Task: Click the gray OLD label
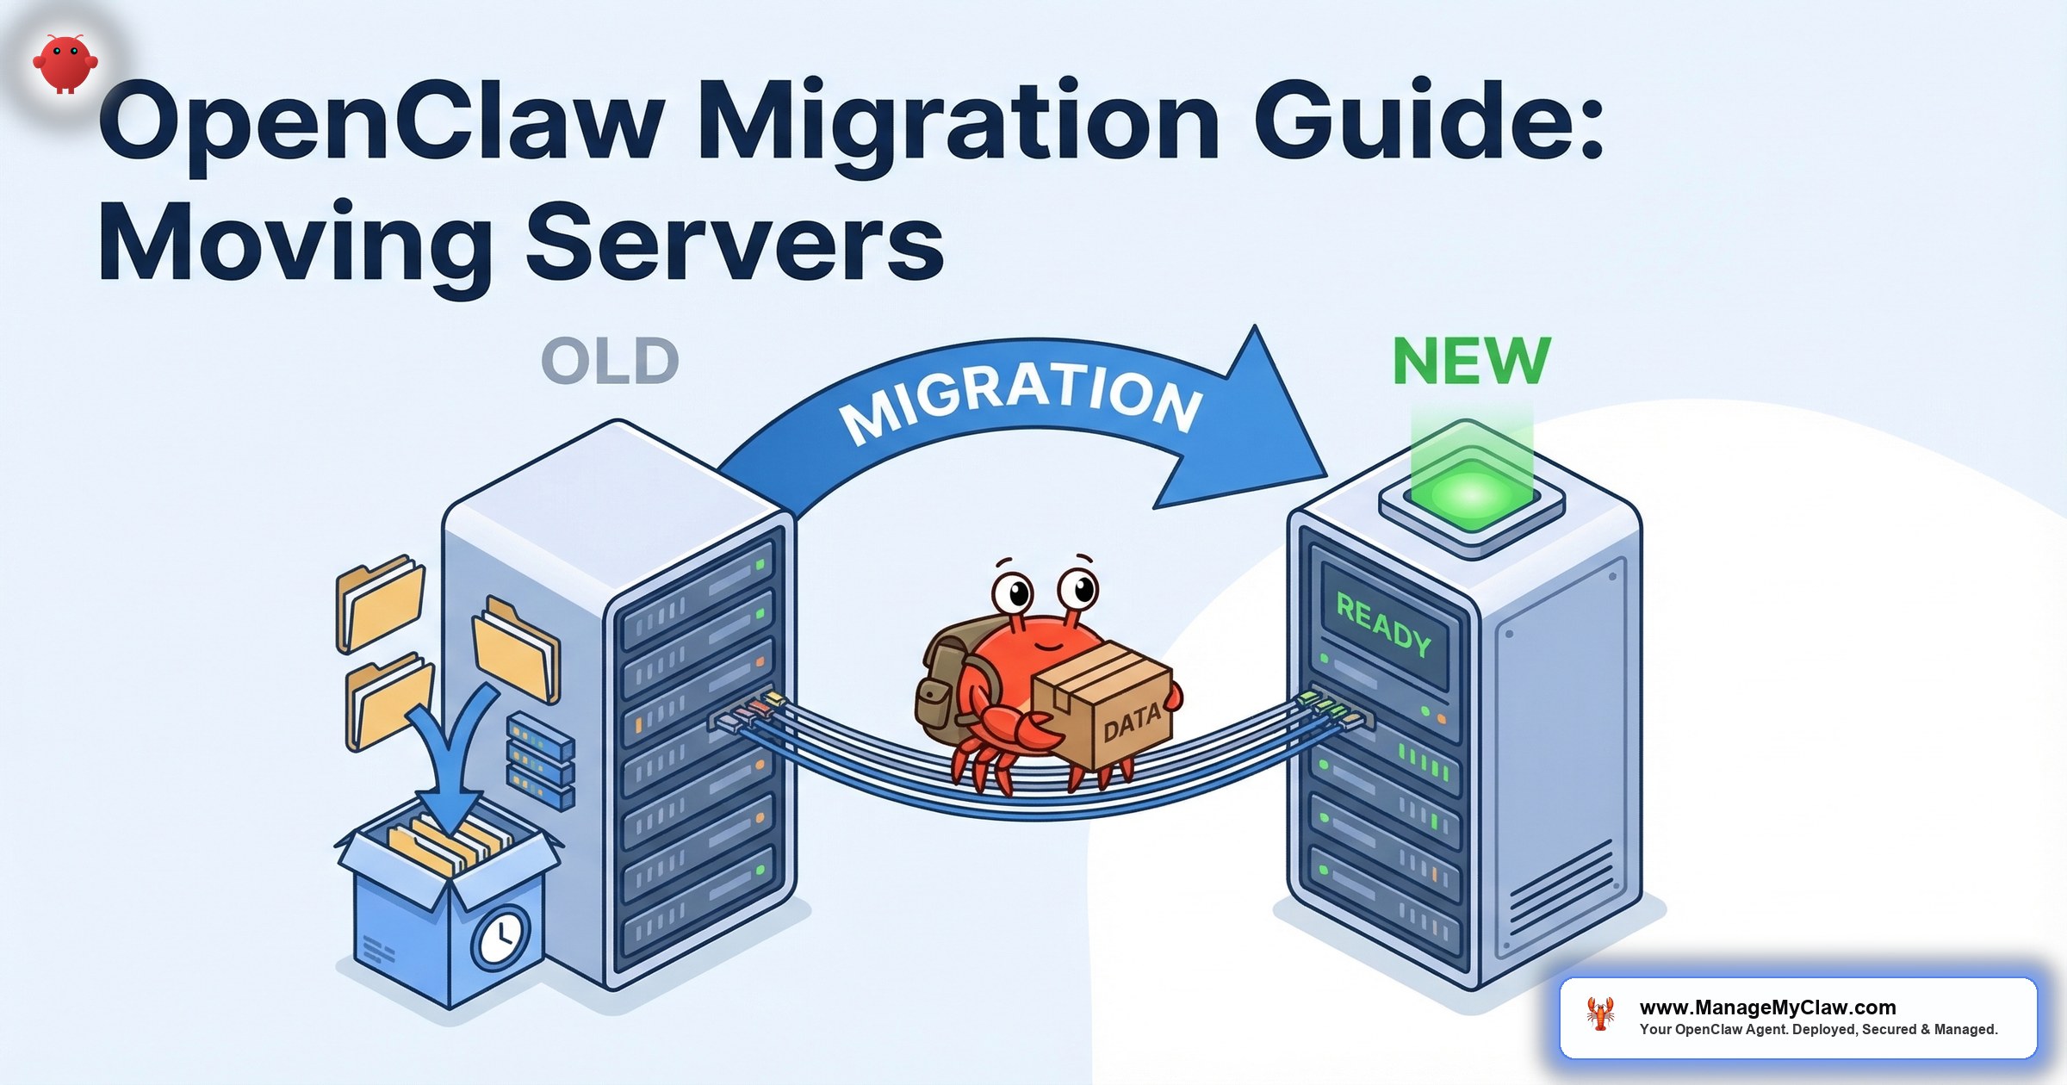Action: click(x=610, y=362)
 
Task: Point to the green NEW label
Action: click(x=1471, y=362)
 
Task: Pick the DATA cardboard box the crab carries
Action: click(x=1107, y=706)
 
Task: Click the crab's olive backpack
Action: click(x=943, y=680)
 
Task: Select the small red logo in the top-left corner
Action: click(x=65, y=63)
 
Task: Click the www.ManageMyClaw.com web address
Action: click(x=1767, y=1007)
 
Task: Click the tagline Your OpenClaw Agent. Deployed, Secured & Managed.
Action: click(x=1818, y=1030)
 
